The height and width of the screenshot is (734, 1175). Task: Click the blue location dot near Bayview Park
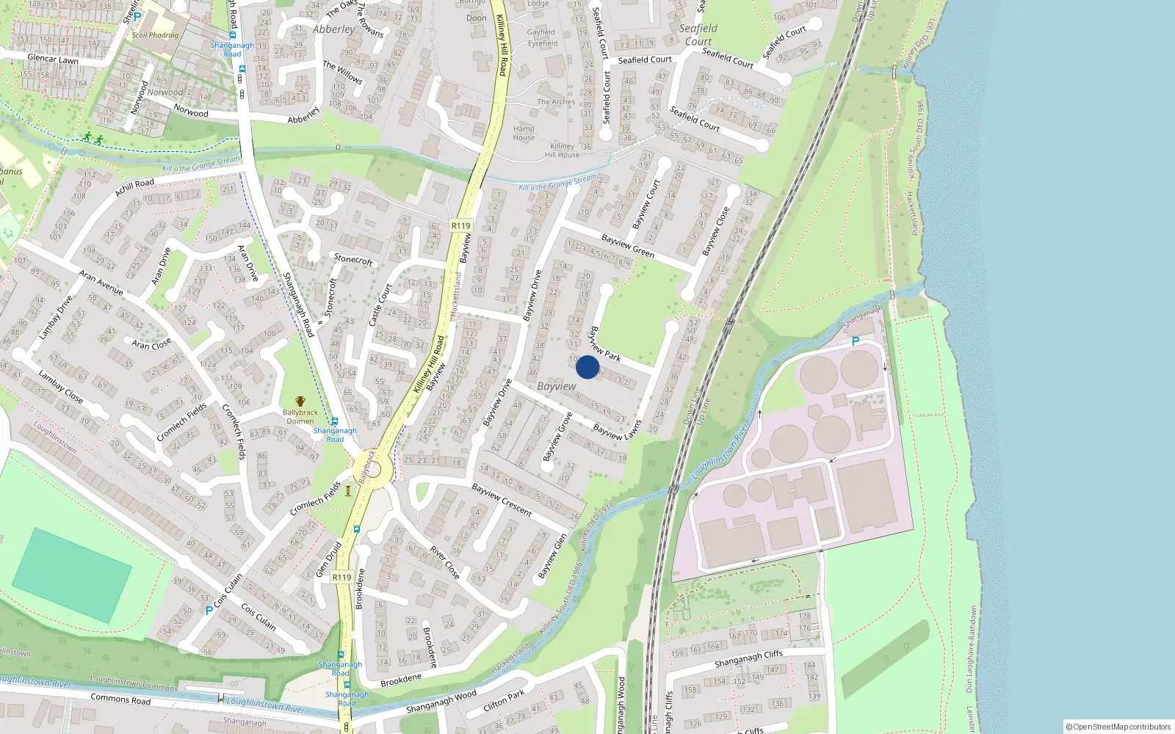point(587,367)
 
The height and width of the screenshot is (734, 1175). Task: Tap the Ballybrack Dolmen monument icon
point(300,401)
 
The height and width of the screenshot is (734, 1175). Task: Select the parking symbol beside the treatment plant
point(855,341)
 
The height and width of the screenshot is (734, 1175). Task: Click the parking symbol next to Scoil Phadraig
point(137,16)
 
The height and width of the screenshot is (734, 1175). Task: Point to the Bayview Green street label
point(628,246)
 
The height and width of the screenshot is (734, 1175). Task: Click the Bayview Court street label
point(646,204)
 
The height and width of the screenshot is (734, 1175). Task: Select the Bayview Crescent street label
point(502,499)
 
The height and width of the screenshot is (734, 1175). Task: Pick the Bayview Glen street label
point(552,556)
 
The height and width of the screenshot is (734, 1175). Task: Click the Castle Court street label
point(381,305)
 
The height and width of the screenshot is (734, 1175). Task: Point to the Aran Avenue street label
point(101,283)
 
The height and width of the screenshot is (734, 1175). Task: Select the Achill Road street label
point(134,187)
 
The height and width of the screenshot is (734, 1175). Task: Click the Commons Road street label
point(120,699)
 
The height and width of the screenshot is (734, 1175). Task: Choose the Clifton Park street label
point(505,700)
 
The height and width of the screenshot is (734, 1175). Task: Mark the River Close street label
point(445,562)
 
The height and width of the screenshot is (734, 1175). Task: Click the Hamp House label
point(524,133)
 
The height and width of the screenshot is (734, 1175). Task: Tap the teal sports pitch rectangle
point(72,575)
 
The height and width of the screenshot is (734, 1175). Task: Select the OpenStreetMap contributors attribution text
point(1118,727)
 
